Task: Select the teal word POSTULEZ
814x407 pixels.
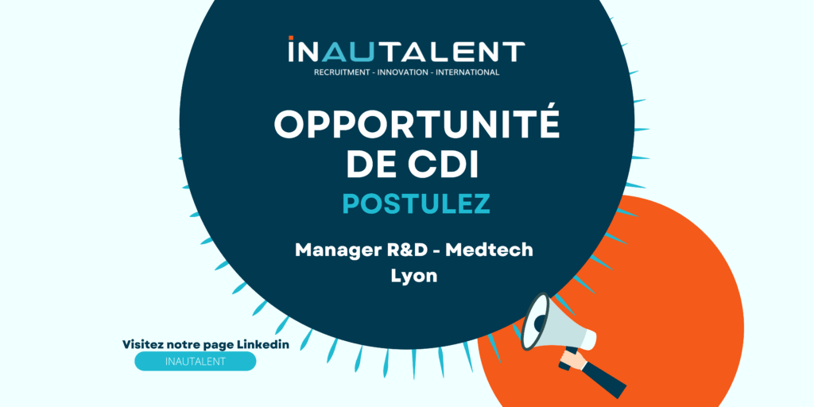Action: (x=417, y=203)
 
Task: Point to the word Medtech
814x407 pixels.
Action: (x=490, y=250)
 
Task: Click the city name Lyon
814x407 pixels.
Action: (x=414, y=277)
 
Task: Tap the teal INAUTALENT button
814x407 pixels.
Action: (x=196, y=362)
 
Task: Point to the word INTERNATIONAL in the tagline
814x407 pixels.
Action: (x=468, y=72)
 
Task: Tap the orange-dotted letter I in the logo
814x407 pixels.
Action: (x=291, y=49)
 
